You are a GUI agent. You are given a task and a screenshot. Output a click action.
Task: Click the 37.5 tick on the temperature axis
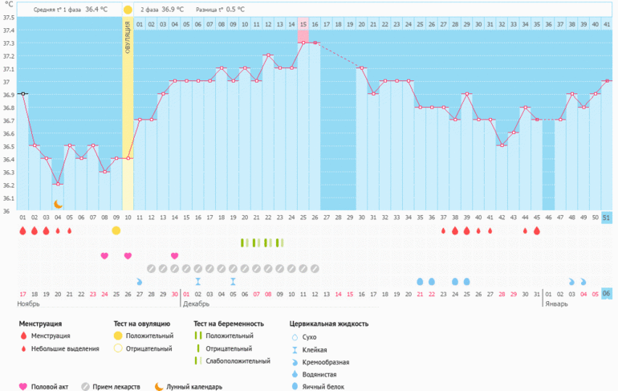tap(7, 18)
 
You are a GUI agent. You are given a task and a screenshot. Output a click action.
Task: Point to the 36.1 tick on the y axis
tap(7, 198)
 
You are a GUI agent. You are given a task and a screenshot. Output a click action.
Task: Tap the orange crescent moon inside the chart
tap(58, 204)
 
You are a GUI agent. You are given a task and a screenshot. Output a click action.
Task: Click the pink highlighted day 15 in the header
tap(303, 25)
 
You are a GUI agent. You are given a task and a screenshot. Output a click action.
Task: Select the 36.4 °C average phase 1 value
tap(96, 10)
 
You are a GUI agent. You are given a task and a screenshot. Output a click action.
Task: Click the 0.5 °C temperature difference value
tap(236, 10)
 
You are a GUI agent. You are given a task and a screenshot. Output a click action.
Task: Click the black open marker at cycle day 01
tap(23, 94)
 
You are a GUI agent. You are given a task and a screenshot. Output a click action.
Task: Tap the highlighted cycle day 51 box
tap(607, 218)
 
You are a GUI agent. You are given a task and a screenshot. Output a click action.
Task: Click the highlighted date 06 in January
tap(607, 293)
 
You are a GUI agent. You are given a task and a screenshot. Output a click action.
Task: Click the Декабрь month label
tap(197, 304)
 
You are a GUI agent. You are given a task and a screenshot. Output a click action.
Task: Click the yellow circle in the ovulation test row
tap(116, 231)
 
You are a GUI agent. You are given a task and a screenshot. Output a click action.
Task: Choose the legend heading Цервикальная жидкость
tap(329, 324)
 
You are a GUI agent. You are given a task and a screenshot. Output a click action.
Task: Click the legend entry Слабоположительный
tap(238, 361)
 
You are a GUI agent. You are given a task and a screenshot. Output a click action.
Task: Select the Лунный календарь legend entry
tap(193, 386)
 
